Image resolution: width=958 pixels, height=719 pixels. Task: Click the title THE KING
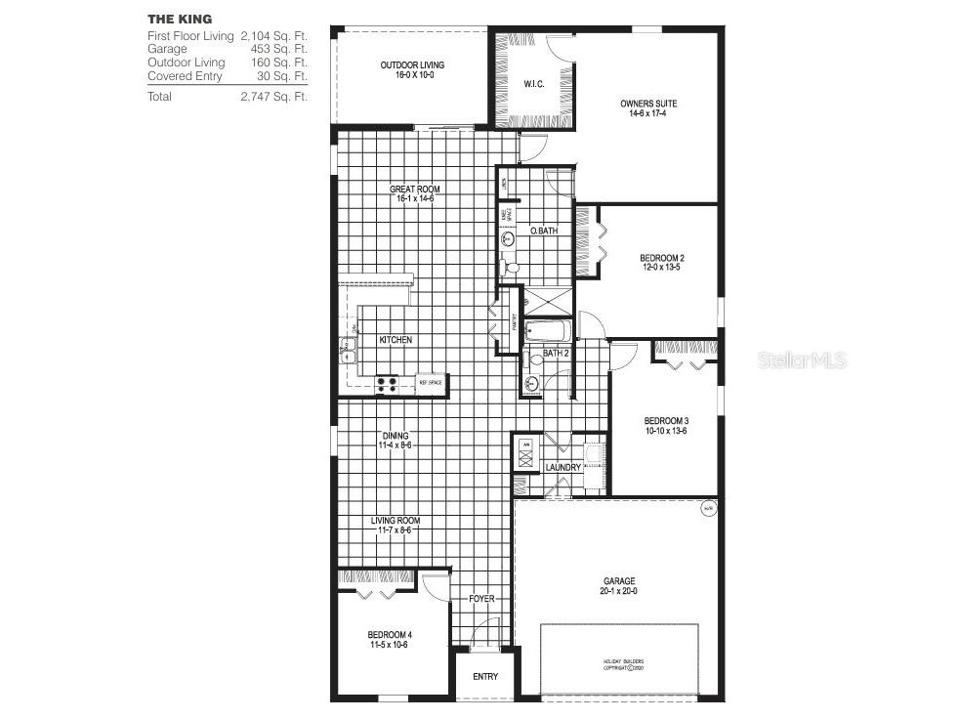coord(180,19)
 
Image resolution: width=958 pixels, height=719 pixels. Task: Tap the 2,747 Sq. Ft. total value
coord(273,97)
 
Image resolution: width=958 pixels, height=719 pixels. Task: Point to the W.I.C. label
coord(533,83)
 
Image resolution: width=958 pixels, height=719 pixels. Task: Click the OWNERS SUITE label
coord(648,104)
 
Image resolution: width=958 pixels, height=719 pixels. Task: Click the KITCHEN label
coord(396,340)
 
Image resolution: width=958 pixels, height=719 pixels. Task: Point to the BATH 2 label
coord(556,353)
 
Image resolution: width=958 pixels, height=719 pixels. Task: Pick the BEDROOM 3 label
coord(666,421)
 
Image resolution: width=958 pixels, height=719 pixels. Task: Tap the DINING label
coord(395,436)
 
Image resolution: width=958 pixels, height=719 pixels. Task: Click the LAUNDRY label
coord(563,468)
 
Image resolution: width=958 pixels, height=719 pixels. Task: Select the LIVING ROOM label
coord(395,521)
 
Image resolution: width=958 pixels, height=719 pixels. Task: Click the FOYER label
coord(482,598)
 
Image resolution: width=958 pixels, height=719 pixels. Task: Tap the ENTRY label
coord(485,677)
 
